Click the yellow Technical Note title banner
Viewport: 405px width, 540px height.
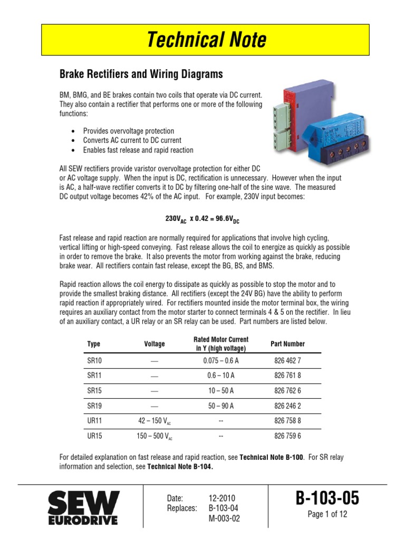[206, 40]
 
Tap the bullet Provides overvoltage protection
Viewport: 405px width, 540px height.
[128, 131]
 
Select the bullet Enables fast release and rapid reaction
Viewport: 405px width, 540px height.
[138, 150]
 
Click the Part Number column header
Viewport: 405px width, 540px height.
[287, 344]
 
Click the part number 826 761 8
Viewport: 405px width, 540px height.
[287, 376]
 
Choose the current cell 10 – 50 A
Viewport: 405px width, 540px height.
[221, 391]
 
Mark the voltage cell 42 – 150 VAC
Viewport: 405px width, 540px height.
[155, 421]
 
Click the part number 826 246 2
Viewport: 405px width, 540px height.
[287, 406]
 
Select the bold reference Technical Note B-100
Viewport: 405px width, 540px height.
[271, 457]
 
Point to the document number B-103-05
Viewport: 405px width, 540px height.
[327, 497]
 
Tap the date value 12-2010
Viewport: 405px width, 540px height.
[222, 498]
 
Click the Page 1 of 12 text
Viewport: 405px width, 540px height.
[327, 515]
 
